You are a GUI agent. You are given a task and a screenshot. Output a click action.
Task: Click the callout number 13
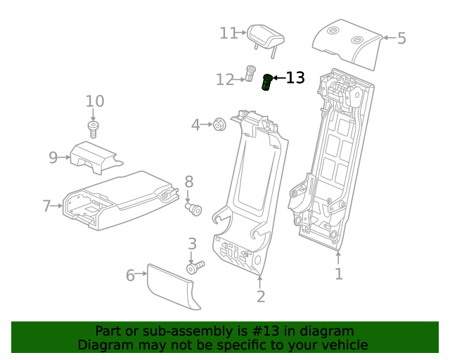(x=295, y=78)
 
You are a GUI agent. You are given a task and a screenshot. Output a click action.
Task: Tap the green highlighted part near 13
(x=267, y=83)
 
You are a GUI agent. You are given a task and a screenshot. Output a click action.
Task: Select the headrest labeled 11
(x=264, y=34)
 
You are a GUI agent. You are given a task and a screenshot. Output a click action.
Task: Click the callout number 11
(x=229, y=33)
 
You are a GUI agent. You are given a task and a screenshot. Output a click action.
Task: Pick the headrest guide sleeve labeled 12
(x=250, y=73)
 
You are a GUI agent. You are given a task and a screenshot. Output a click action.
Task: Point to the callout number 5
(x=401, y=38)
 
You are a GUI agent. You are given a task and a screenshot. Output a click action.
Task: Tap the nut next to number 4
(x=218, y=125)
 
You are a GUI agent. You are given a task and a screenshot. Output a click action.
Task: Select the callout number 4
(x=196, y=125)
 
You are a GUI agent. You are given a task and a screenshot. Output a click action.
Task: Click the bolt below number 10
(x=94, y=127)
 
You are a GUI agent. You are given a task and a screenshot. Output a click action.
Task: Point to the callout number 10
(x=95, y=101)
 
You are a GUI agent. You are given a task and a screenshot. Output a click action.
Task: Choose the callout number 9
(x=53, y=157)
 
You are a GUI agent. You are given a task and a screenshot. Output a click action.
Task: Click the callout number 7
(x=47, y=206)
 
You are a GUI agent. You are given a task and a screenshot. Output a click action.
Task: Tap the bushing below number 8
(x=194, y=210)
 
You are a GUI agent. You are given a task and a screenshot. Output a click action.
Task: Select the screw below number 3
(x=193, y=268)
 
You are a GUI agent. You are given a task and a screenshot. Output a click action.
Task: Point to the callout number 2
(x=261, y=297)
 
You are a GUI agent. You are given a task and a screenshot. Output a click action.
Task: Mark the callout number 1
(x=338, y=274)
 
